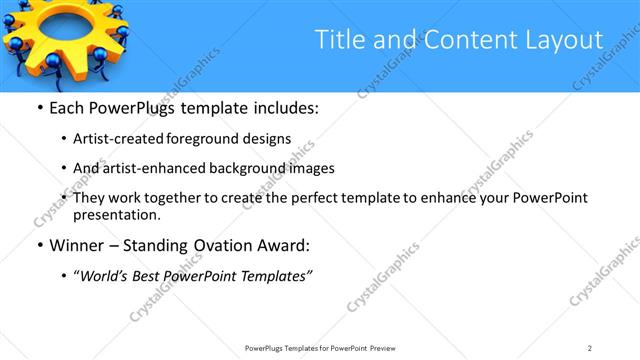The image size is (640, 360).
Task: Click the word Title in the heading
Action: pos(338,40)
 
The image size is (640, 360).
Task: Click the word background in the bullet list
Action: pos(256,168)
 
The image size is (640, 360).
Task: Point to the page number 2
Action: pos(590,347)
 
